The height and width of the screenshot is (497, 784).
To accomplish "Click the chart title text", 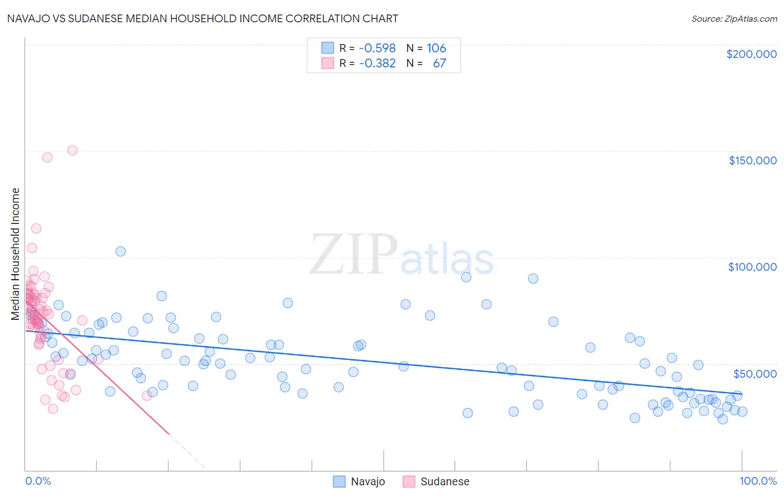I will pyautogui.click(x=202, y=18).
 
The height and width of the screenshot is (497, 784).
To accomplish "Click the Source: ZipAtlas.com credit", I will pyautogui.click(x=734, y=18).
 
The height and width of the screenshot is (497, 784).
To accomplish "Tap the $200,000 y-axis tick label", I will pyautogui.click(x=751, y=54).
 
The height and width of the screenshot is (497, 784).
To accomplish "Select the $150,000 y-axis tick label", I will pyautogui.click(x=752, y=160).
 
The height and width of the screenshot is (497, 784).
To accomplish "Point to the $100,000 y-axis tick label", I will pyautogui.click(x=752, y=267).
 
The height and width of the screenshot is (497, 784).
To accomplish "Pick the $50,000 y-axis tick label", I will pyautogui.click(x=754, y=373).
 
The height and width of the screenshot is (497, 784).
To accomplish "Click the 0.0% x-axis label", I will pyautogui.click(x=38, y=481).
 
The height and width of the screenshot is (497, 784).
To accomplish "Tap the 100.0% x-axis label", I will pyautogui.click(x=758, y=481).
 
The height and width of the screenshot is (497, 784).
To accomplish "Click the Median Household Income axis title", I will pyautogui.click(x=16, y=254).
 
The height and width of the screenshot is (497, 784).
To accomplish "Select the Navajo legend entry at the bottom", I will pyautogui.click(x=367, y=481).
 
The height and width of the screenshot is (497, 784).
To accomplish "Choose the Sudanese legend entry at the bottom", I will pyautogui.click(x=444, y=481).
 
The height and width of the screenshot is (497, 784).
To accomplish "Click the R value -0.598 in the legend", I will pyautogui.click(x=377, y=48).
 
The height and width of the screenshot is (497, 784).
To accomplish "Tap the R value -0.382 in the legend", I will pyautogui.click(x=377, y=63).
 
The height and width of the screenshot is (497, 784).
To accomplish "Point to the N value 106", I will pyautogui.click(x=436, y=48).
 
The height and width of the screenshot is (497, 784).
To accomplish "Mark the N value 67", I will pyautogui.click(x=439, y=63).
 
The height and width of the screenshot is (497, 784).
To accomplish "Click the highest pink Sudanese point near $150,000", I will pyautogui.click(x=72, y=150).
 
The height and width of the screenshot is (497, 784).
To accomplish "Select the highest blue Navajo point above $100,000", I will pyautogui.click(x=120, y=251).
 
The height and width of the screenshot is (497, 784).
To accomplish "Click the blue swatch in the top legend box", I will pyautogui.click(x=327, y=48).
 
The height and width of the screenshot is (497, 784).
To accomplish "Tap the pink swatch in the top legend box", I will pyautogui.click(x=327, y=63).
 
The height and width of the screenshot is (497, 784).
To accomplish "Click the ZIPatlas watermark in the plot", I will pyautogui.click(x=401, y=255).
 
